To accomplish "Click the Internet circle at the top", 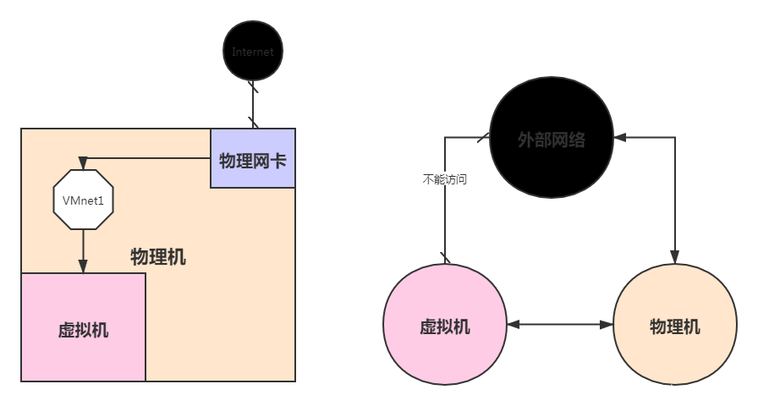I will [252, 52].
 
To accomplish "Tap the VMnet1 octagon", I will [83, 200].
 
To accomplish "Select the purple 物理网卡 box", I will [253, 159].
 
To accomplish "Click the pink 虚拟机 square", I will [83, 327].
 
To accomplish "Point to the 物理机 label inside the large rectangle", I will [158, 257].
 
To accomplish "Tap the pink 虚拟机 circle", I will [445, 326].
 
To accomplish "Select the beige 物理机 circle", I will [674, 326].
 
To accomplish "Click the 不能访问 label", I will [445, 179].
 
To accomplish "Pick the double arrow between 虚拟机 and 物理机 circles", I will [560, 325].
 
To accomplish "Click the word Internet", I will [252, 52].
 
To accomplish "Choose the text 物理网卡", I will [252, 160].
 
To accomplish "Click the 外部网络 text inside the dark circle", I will [552, 140].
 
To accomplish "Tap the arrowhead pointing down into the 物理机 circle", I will [674, 256].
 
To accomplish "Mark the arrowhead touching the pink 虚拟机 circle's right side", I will [513, 325].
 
